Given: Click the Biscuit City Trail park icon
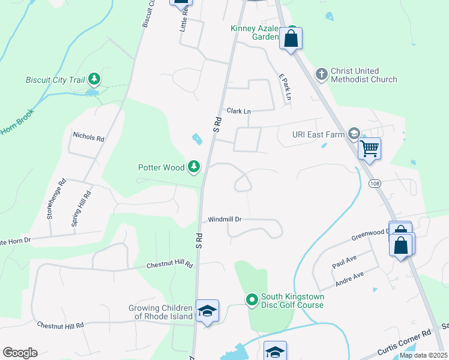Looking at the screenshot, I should click(94, 79).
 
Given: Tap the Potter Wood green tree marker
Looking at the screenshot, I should click(193, 166).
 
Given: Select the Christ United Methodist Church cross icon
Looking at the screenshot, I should click(321, 74).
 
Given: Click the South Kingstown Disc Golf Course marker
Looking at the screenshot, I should click(252, 299).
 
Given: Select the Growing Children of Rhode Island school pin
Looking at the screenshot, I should click(207, 311).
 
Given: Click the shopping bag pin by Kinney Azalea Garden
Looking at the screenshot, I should click(291, 39).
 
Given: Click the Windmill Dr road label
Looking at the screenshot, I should click(224, 219).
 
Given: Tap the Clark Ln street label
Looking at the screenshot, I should click(238, 111).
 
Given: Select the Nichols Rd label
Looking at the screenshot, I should click(88, 137).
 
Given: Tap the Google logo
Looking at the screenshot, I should click(20, 352).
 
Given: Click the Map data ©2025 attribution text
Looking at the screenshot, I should click(423, 355).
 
